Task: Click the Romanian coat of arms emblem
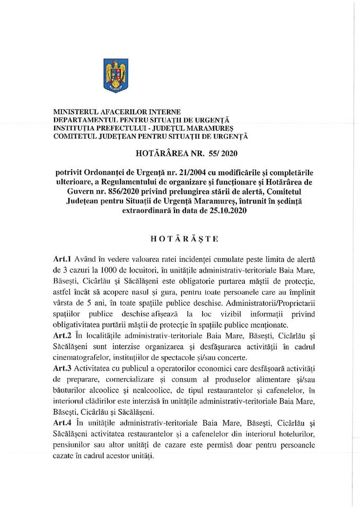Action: (x=115, y=76)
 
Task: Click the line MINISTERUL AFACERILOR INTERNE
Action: (x=117, y=112)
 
